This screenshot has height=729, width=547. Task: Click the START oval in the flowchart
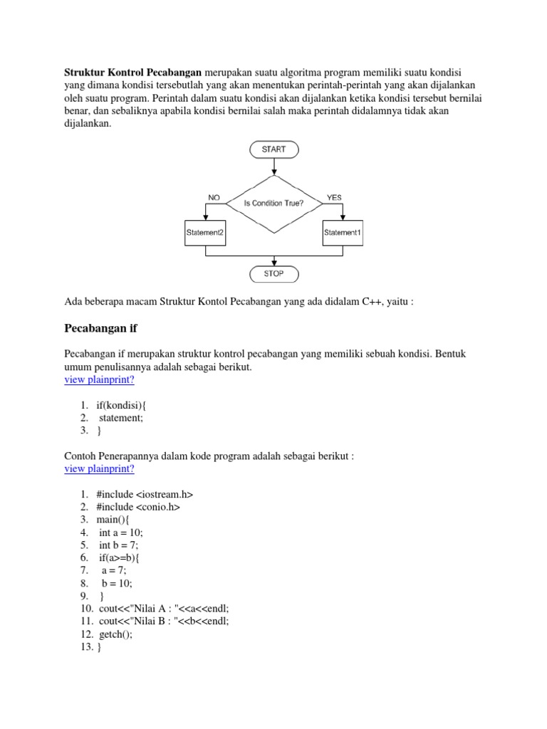point(273,150)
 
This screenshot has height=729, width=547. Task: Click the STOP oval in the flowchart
point(273,273)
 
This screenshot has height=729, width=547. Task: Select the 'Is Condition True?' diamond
point(273,203)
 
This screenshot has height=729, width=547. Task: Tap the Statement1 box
point(342,233)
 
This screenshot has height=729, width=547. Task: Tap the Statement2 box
point(205,233)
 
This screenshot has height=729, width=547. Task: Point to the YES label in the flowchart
point(334,197)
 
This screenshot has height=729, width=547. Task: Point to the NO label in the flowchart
point(214,197)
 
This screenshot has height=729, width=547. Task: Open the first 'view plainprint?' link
point(99,379)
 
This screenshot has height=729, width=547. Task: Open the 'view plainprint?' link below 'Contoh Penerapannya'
point(99,468)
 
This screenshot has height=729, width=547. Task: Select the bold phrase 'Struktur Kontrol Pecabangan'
point(134,73)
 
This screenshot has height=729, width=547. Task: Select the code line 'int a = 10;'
point(121,532)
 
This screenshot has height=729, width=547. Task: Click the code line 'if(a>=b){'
point(123,557)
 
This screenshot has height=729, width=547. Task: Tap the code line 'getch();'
point(116,634)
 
